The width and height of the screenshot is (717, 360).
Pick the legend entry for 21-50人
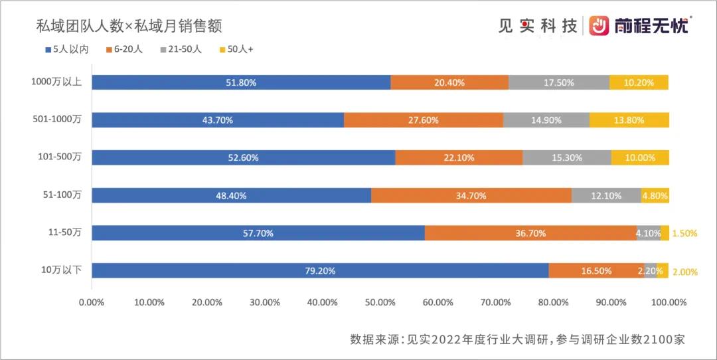[181, 50]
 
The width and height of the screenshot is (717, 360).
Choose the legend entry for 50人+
[236, 50]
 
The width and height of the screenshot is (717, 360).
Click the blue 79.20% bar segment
[320, 270]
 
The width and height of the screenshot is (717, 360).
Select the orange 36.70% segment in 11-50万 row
[530, 233]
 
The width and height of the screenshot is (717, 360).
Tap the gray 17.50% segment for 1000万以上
[559, 82]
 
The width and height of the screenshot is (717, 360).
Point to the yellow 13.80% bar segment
[629, 120]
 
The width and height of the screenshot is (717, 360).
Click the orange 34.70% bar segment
[471, 195]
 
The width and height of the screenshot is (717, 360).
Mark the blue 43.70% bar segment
[218, 120]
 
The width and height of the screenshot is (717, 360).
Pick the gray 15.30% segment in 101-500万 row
[567, 157]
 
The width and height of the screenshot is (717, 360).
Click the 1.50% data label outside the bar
[684, 233]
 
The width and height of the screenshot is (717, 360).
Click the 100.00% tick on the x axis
[668, 302]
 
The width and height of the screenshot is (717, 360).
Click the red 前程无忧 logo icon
[599, 25]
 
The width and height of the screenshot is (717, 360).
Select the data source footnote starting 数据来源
[517, 339]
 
